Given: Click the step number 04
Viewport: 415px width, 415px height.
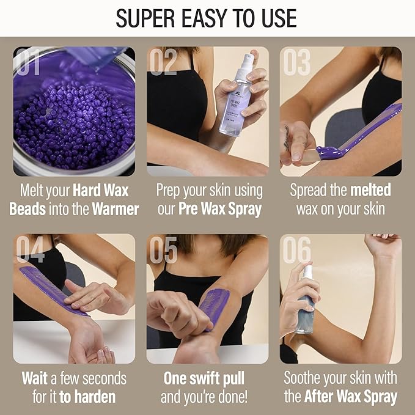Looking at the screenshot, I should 31,250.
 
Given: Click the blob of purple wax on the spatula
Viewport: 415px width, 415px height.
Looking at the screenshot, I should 328,152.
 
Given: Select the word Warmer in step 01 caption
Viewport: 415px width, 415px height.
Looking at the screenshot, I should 116,209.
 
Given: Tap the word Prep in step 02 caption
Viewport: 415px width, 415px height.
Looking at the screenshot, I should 172,190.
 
